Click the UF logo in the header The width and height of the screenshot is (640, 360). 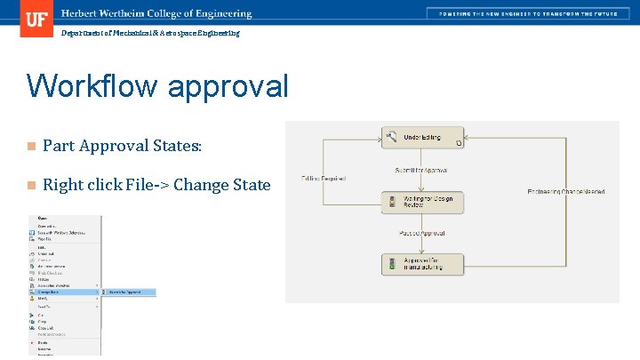(x=36, y=18)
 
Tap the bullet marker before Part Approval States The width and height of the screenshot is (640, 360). (x=30, y=146)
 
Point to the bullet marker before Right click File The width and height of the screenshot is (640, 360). (x=30, y=185)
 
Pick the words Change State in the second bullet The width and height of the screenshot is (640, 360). (x=222, y=185)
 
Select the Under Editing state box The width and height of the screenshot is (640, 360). (x=423, y=138)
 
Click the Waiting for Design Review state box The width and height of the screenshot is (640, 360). (x=423, y=202)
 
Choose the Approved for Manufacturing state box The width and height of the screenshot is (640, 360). (x=423, y=264)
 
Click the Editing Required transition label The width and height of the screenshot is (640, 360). (x=324, y=179)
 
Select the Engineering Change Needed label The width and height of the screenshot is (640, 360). (x=565, y=191)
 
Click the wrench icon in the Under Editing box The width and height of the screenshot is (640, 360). (x=392, y=137)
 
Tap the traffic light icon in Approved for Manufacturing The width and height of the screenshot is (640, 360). (x=392, y=264)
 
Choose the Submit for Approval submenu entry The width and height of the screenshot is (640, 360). (x=129, y=291)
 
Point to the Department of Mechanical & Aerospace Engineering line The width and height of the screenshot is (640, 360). (x=150, y=33)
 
